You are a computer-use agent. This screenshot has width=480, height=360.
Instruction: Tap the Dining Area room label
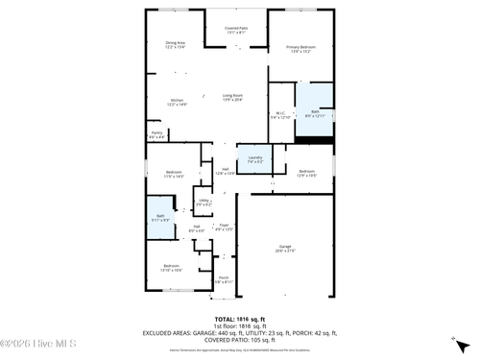click(x=175, y=44)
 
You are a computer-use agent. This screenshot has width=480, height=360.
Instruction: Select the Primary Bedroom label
click(x=300, y=49)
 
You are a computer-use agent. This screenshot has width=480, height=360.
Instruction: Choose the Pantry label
click(x=156, y=135)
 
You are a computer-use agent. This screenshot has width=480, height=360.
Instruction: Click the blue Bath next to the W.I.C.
click(x=314, y=114)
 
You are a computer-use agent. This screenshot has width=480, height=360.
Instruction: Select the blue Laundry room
click(x=255, y=159)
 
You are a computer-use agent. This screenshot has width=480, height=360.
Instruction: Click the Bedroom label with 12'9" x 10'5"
click(x=305, y=174)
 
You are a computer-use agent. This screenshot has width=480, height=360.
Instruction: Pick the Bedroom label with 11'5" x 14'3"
click(x=173, y=174)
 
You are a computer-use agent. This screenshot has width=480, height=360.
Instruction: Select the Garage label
click(x=286, y=248)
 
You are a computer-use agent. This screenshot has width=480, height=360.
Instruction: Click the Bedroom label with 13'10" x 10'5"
click(x=171, y=267)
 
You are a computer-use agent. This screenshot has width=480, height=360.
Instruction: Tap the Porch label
click(x=222, y=280)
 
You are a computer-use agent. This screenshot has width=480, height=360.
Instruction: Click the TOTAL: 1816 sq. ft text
click(x=239, y=318)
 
